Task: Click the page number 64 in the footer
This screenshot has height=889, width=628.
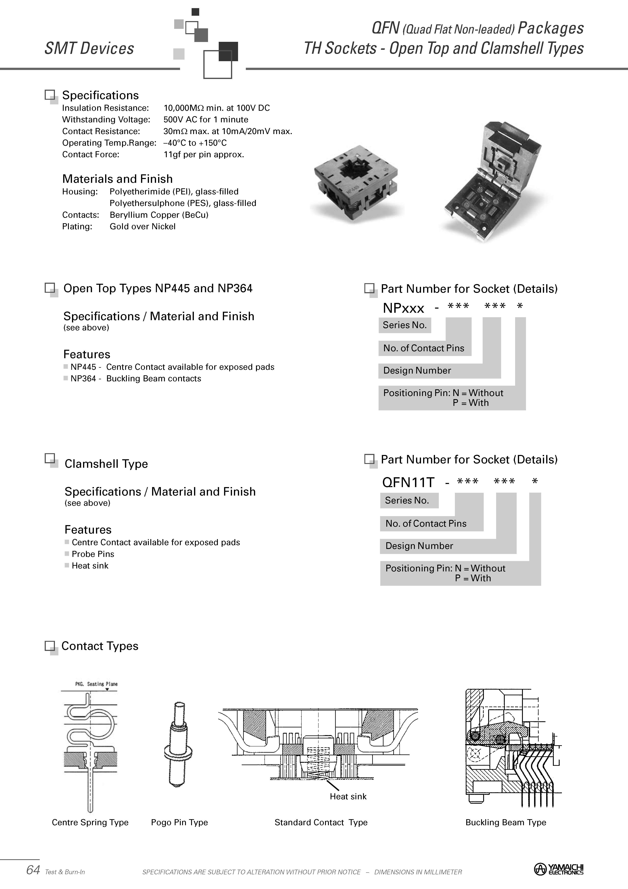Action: (x=33, y=870)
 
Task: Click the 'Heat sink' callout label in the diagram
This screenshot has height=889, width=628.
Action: (x=348, y=796)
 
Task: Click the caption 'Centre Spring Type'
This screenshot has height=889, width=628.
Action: (x=90, y=822)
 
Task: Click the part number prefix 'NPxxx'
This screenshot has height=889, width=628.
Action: (x=403, y=308)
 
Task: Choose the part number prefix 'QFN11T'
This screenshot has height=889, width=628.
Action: (x=408, y=482)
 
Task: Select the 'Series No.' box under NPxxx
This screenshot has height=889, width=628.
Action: (x=404, y=325)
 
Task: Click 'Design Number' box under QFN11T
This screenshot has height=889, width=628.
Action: (x=419, y=546)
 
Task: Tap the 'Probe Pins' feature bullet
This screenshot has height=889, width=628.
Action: (x=93, y=554)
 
